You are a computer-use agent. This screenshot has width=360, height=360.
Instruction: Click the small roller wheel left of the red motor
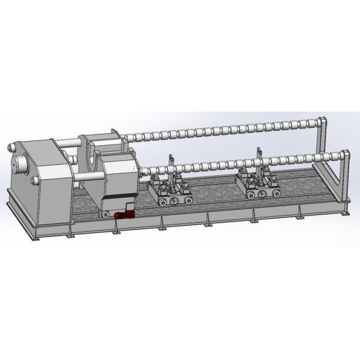[106, 215]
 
